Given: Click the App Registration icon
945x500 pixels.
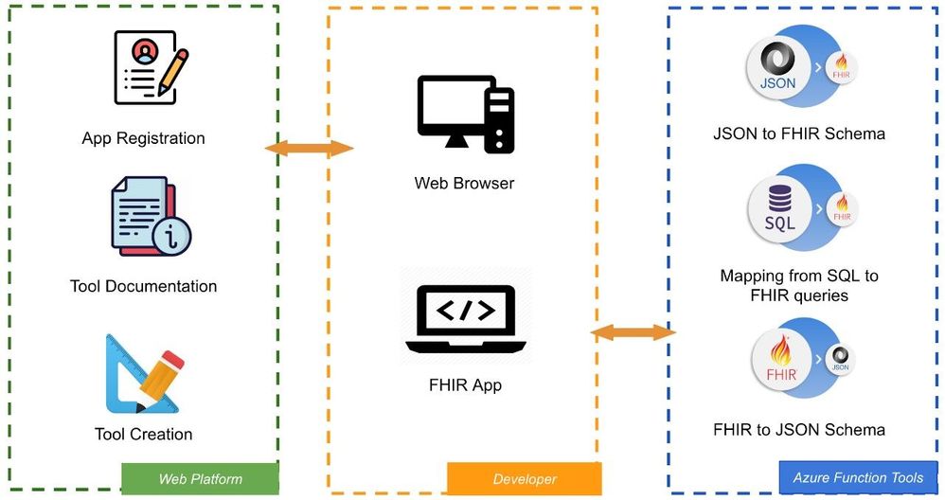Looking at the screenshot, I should (x=149, y=66).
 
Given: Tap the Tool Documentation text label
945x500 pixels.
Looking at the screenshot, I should (x=143, y=286).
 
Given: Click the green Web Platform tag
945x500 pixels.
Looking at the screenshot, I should (x=200, y=479).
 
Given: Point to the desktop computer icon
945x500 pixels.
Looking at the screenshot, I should (x=465, y=114).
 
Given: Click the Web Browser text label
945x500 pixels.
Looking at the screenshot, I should (x=464, y=183).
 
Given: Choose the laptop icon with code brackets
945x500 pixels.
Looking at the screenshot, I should (x=465, y=320).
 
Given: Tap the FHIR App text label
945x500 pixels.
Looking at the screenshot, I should (x=465, y=385).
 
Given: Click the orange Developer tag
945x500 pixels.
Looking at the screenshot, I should (x=525, y=479).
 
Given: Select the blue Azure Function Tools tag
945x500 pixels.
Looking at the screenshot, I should (x=858, y=477).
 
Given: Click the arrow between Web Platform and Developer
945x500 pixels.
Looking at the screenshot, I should (x=309, y=149).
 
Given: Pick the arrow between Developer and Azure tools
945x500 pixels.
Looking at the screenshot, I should (x=633, y=332).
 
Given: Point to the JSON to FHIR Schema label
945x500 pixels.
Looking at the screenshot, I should (x=799, y=134).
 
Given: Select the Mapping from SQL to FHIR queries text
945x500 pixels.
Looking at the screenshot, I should (x=799, y=286).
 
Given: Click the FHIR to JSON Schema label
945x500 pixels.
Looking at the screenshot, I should (x=799, y=430).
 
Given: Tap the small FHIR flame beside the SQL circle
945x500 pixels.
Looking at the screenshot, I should (x=842, y=210).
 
